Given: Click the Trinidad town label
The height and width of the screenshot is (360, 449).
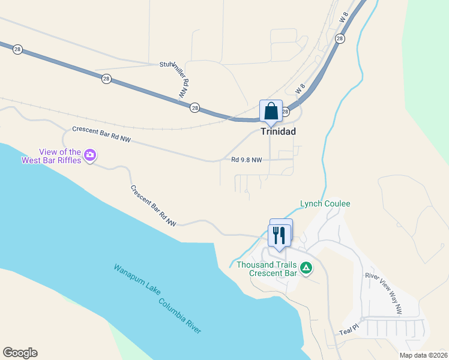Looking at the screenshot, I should click(x=279, y=131).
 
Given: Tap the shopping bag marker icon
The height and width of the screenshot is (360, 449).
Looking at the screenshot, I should click(x=271, y=111).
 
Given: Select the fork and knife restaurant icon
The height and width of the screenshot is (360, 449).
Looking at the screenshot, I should click(x=279, y=235).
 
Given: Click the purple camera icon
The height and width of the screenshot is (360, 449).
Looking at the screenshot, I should click(x=90, y=155).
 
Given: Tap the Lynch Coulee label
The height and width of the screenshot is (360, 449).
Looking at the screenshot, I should click(x=325, y=204).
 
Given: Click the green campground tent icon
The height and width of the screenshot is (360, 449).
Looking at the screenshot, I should click(x=306, y=268).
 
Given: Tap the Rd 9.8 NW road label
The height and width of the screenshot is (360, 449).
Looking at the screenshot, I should click(x=247, y=160).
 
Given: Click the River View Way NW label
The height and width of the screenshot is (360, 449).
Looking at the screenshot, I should click(x=384, y=294).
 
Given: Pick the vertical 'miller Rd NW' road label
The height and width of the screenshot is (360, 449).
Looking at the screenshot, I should click(x=184, y=81).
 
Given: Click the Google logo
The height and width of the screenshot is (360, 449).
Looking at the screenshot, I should click(x=20, y=353).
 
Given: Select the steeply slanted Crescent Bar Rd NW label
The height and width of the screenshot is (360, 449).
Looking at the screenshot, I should click(x=154, y=206).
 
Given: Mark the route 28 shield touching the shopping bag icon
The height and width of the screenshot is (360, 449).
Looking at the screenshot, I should click(x=286, y=112).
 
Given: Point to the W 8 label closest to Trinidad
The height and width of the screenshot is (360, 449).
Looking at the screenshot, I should click(x=301, y=89).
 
